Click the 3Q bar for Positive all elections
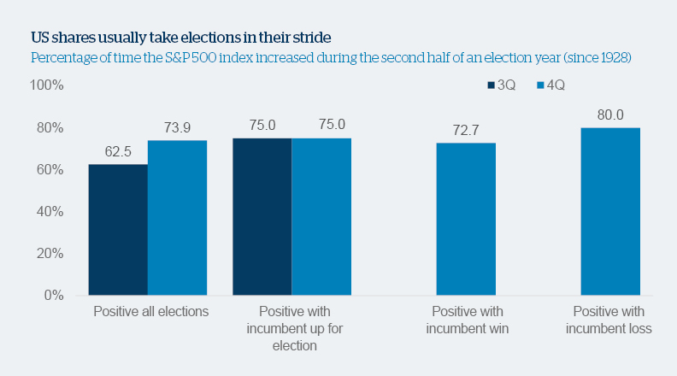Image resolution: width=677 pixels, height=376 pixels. [x=118, y=230]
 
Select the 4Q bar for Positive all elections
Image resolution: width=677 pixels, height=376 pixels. [x=177, y=218]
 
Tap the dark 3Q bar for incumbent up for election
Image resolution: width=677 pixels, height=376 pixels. [x=262, y=216]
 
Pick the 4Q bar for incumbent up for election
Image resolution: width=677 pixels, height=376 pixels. [x=321, y=216]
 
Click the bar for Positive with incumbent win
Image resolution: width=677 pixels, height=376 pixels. [x=466, y=219]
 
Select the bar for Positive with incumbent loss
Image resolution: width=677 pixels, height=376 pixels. [x=610, y=211]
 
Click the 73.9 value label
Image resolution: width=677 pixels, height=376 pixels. [x=177, y=126]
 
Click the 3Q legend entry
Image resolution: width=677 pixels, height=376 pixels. [x=502, y=85]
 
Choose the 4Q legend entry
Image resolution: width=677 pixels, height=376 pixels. [x=550, y=85]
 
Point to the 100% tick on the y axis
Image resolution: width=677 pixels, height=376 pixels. [x=47, y=85]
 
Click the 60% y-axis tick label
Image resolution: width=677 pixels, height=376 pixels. [x=50, y=169]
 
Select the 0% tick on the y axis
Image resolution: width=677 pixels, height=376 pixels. [x=54, y=296]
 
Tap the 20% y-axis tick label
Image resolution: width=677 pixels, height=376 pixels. [x=50, y=254]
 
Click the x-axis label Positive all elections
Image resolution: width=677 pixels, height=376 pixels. [x=150, y=312]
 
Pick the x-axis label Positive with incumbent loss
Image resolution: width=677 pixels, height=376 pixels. [x=611, y=320]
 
